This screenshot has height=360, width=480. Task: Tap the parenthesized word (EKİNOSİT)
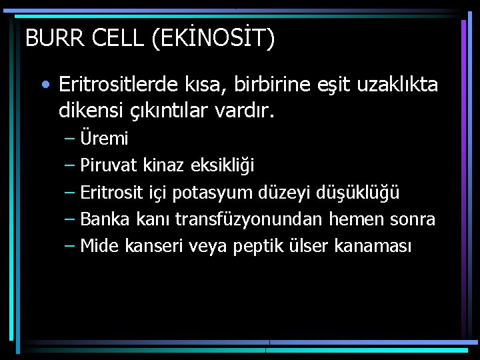pyautogui.click(x=213, y=39)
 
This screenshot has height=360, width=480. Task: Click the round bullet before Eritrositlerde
pyautogui.click(x=44, y=85)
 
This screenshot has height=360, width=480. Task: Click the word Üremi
pyautogui.click(x=104, y=139)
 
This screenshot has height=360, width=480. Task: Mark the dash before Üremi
pyautogui.click(x=71, y=139)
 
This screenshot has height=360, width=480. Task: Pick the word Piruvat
pyautogui.click(x=109, y=166)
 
